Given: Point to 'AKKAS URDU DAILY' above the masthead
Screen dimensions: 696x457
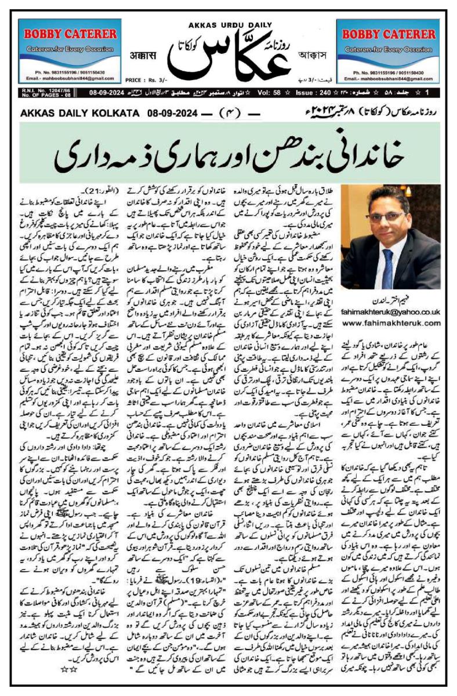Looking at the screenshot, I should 228,25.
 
